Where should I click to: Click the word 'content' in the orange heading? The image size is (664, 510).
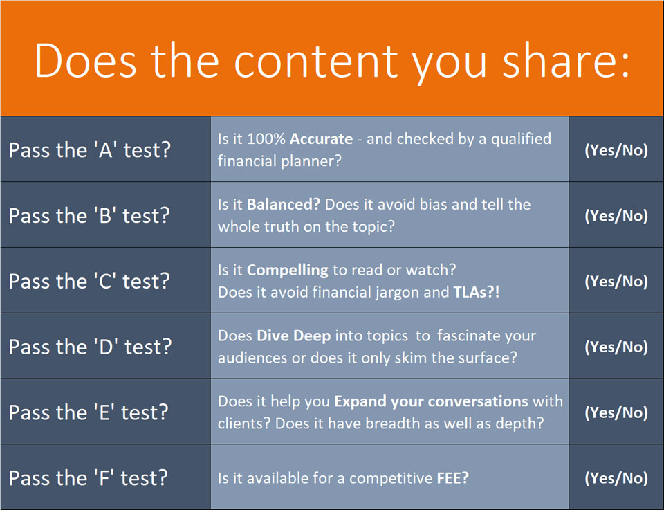click(316, 62)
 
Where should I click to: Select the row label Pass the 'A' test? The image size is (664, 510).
click(90, 150)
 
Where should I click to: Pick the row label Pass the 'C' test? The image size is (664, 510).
click(89, 281)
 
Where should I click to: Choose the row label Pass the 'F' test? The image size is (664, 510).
click(88, 477)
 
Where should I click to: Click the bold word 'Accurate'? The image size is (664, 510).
click(322, 139)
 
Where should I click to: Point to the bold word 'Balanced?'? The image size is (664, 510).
click(284, 205)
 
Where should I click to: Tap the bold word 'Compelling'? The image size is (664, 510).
click(288, 271)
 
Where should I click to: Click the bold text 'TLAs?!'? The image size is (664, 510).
click(477, 292)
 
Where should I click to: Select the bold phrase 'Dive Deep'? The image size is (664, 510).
click(294, 336)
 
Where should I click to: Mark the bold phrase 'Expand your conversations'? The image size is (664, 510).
click(431, 401)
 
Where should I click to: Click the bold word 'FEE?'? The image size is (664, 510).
click(452, 478)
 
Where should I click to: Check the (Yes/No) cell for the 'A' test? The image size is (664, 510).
click(616, 150)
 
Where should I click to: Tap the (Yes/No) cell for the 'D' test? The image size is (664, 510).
click(616, 347)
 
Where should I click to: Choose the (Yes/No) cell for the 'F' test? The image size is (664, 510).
click(616, 477)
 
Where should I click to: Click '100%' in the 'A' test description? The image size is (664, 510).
click(266, 139)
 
